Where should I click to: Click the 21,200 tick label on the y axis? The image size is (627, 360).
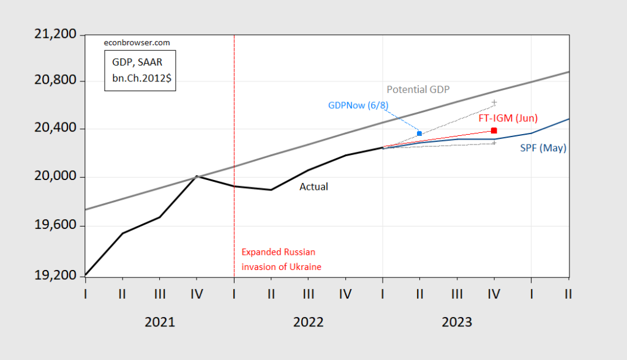(51, 34)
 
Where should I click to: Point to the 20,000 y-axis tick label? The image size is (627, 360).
(51, 177)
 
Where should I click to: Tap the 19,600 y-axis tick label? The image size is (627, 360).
(51, 226)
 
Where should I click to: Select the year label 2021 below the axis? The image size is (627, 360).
(160, 322)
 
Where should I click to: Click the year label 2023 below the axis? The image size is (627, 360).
(457, 322)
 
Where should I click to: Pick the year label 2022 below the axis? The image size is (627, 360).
(308, 322)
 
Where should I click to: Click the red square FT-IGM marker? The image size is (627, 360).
(494, 130)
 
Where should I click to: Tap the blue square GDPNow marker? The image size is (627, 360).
(419, 133)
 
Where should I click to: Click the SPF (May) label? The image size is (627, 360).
(543, 148)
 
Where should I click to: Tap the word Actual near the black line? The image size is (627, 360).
(313, 187)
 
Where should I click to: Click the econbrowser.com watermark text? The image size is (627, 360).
(136, 43)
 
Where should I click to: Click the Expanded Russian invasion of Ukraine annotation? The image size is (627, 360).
(281, 260)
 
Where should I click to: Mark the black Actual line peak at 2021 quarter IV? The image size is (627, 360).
(197, 176)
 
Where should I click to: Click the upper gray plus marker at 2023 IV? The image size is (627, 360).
(494, 102)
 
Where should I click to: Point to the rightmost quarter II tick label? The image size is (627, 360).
(568, 294)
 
